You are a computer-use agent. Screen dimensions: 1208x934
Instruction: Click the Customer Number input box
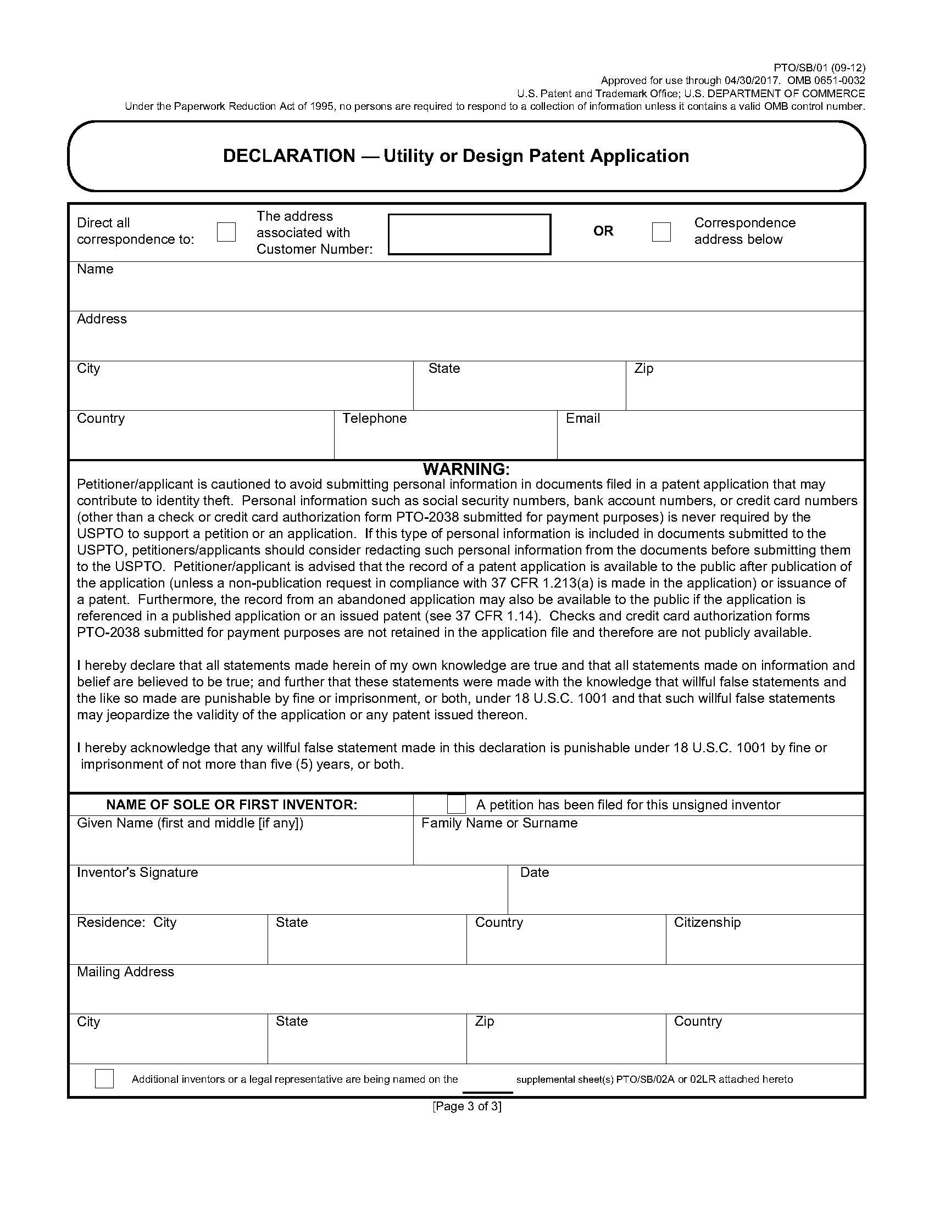click(469, 234)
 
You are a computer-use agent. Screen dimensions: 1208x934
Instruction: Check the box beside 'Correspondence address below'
click(661, 232)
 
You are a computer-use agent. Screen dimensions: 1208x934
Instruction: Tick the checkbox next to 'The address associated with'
click(226, 232)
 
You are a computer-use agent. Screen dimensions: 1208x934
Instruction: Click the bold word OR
click(603, 231)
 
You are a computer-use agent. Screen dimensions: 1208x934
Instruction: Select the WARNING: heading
click(466, 469)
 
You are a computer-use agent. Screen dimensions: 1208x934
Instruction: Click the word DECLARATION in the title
click(289, 156)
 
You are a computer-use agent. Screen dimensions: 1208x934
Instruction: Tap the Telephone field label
click(375, 418)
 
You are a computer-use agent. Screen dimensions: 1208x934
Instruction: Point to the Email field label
click(582, 418)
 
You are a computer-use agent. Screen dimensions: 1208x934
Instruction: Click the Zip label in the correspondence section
click(644, 368)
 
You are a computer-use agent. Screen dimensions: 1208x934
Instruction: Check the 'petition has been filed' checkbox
click(456, 804)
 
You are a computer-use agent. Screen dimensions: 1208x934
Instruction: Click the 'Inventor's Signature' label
click(137, 873)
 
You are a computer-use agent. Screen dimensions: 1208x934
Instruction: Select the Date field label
click(535, 873)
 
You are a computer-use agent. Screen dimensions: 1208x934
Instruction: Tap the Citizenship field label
click(707, 922)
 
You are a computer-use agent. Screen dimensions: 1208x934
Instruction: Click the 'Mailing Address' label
click(126, 972)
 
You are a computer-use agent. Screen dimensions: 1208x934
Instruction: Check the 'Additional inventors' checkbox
click(104, 1078)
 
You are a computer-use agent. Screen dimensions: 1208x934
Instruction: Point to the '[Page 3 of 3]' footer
click(467, 1106)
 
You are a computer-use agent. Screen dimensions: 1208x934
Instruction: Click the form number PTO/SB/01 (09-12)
click(820, 68)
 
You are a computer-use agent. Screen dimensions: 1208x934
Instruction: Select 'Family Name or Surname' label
click(499, 823)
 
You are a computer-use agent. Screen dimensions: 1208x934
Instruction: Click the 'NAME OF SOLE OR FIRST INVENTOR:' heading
click(232, 805)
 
